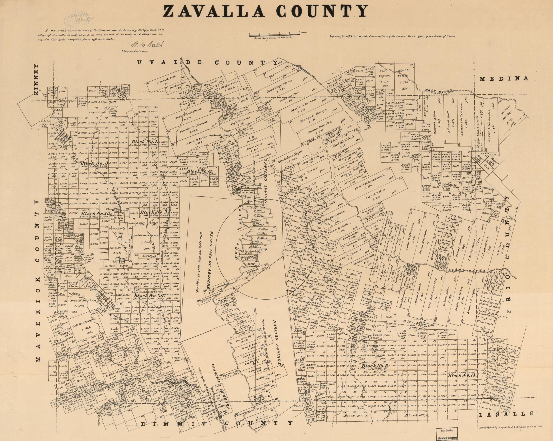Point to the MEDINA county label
pyautogui.click(x=504, y=79)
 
